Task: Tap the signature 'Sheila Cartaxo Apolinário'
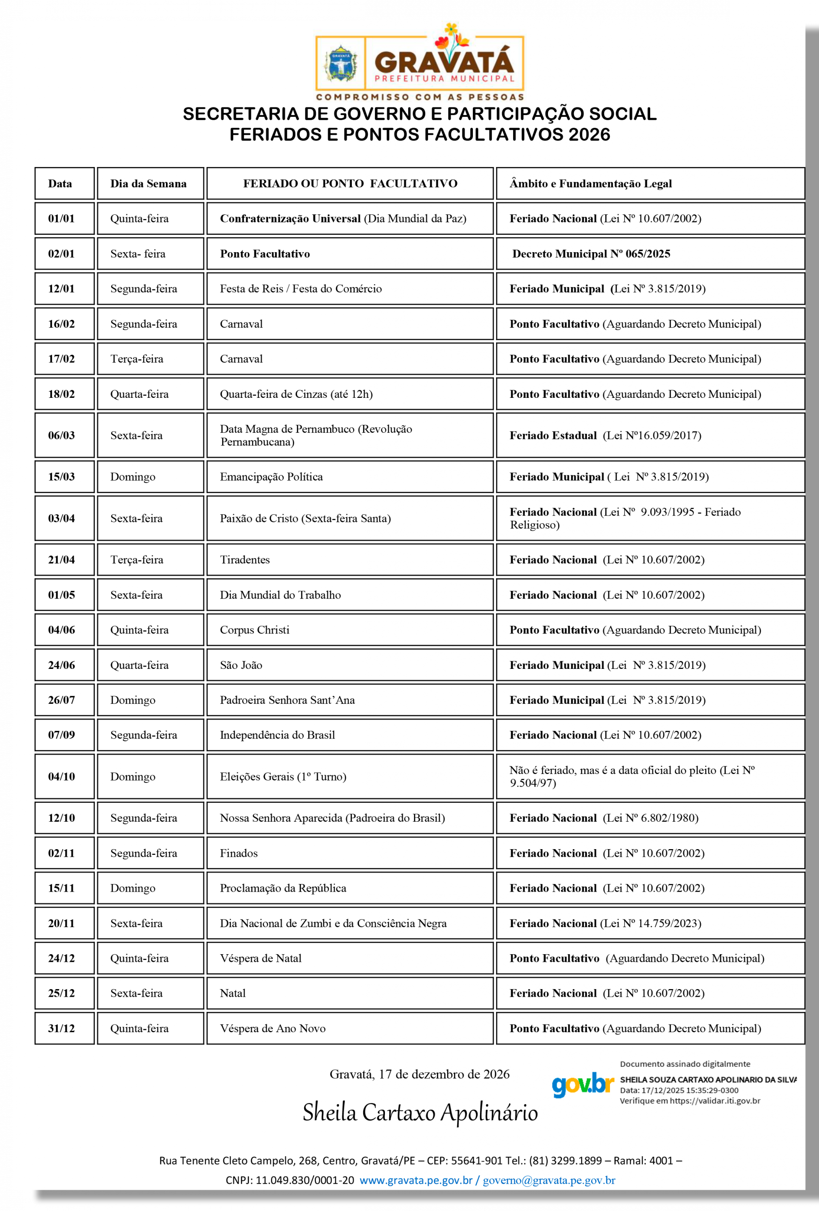[x=420, y=1113]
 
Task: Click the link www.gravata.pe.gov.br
[x=416, y=1180]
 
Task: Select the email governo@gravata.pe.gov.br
[x=549, y=1180]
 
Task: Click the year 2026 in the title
[x=589, y=134]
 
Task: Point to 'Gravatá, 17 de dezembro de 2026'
[x=419, y=1074]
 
